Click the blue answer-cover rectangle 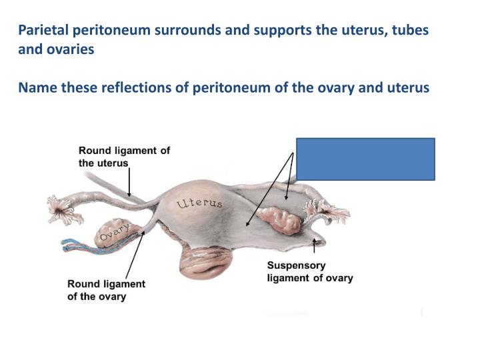[365, 159]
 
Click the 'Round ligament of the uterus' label [124, 157]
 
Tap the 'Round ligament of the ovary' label [106, 290]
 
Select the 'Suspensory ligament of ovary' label [310, 271]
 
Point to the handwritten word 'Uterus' [199, 205]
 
